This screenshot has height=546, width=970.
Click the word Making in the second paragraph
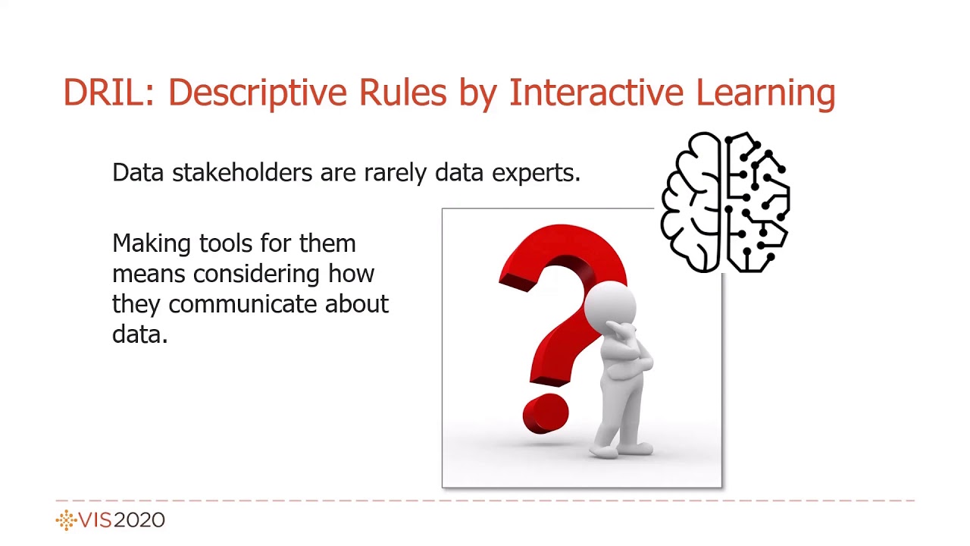152,244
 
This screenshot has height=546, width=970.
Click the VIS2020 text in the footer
121,520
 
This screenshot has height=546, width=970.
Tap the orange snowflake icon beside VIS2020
66,520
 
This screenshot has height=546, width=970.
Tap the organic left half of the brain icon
691,201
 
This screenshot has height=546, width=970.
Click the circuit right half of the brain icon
758,201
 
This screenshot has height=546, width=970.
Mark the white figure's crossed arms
629,364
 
